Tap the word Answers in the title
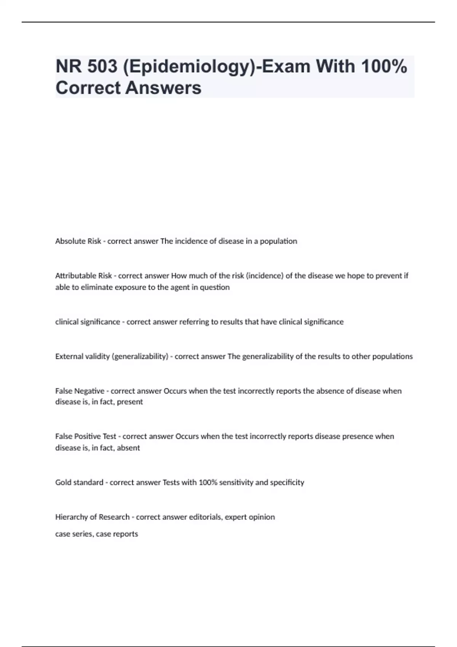[x=163, y=88]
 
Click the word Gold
[x=63, y=483]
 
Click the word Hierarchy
[x=72, y=517]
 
